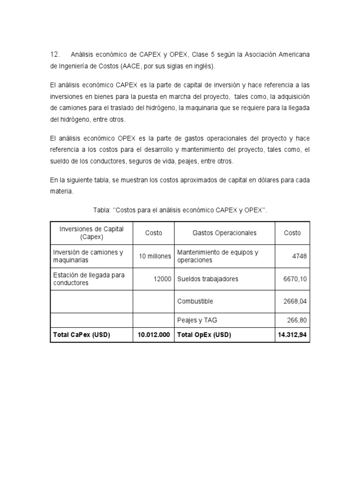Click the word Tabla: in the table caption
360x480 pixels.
tap(102, 210)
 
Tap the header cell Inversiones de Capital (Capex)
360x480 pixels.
tap(91, 232)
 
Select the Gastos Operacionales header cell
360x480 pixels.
tap(224, 233)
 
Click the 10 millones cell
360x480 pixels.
tap(155, 256)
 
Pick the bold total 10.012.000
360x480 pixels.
tap(154, 335)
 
